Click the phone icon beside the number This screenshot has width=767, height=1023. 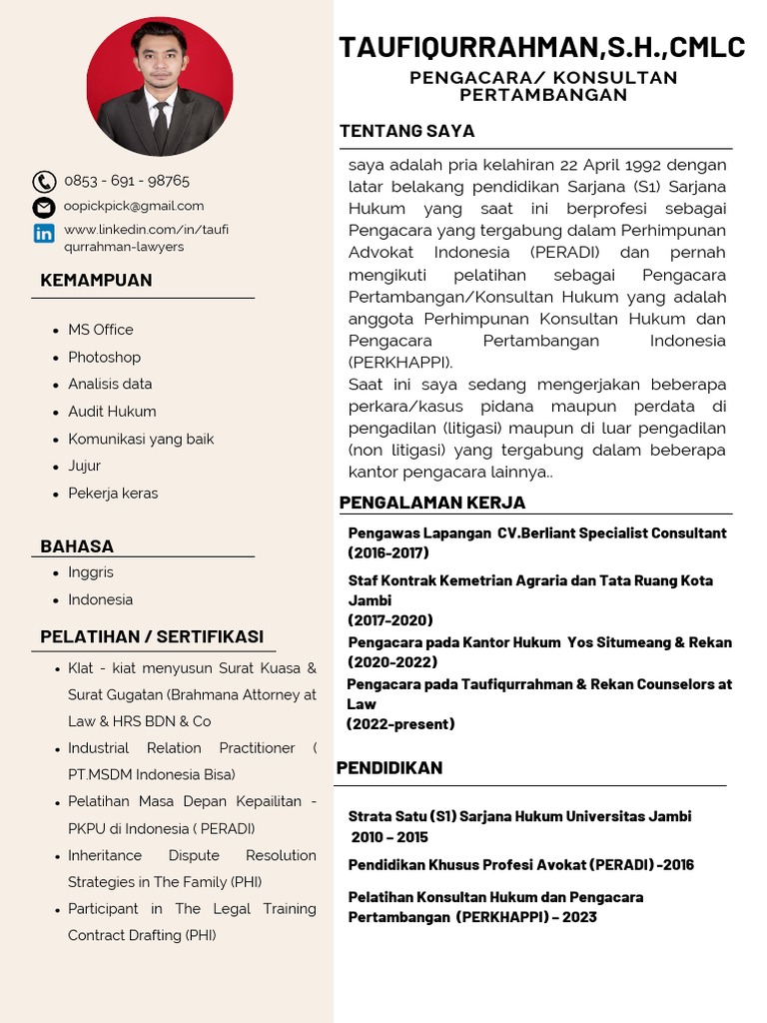pyautogui.click(x=44, y=181)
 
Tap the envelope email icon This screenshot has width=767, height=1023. pyautogui.click(x=44, y=207)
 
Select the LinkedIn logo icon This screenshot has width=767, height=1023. pyautogui.click(x=44, y=234)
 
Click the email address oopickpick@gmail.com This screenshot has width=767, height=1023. pyautogui.click(x=134, y=206)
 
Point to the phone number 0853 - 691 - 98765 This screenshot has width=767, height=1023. pyautogui.click(x=127, y=181)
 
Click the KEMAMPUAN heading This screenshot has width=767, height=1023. pyautogui.click(x=96, y=280)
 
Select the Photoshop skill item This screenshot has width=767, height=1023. pyautogui.click(x=104, y=357)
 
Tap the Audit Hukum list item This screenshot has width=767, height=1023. pyautogui.click(x=112, y=411)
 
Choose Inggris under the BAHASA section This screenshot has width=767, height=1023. pyautogui.click(x=91, y=572)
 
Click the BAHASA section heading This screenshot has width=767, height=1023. pyautogui.click(x=77, y=545)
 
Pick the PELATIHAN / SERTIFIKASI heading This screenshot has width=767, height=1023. pyautogui.click(x=152, y=636)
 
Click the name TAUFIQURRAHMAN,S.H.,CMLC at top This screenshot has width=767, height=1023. pyautogui.click(x=542, y=47)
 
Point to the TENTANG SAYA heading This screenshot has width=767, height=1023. pyautogui.click(x=407, y=131)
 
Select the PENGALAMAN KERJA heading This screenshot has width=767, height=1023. pyautogui.click(x=432, y=502)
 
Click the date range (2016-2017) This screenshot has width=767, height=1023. pyautogui.click(x=388, y=552)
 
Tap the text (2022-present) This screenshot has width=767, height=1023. pyautogui.click(x=400, y=724)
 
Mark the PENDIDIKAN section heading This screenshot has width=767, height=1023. pyautogui.click(x=389, y=768)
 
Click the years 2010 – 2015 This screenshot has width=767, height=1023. pyautogui.click(x=389, y=837)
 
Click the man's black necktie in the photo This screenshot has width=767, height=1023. pyautogui.click(x=161, y=124)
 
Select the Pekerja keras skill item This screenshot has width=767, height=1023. pyautogui.click(x=113, y=493)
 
